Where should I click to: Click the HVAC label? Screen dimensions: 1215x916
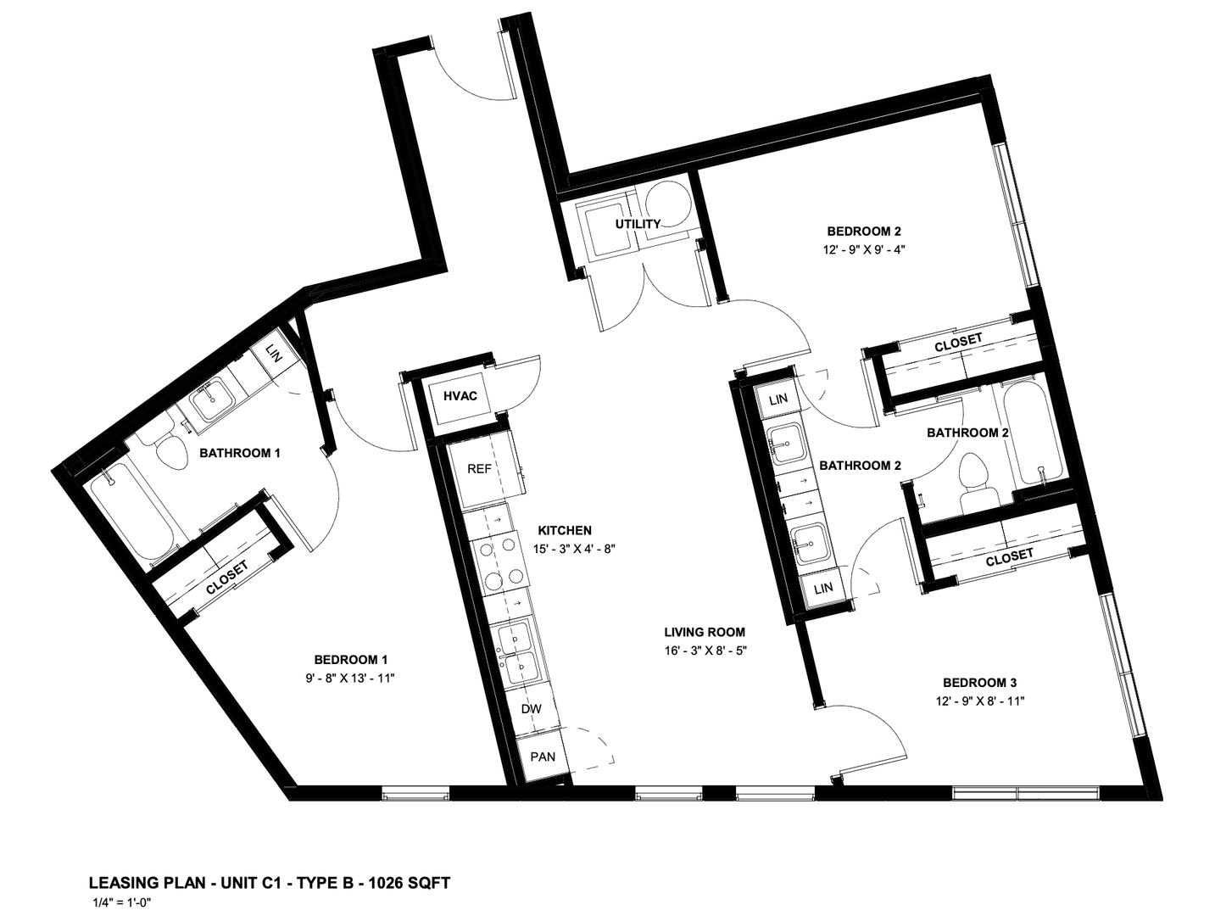click(460, 396)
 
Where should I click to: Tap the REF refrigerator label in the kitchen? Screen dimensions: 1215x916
click(479, 469)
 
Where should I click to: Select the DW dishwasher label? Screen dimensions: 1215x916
click(532, 708)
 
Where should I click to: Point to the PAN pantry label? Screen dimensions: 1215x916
click(543, 757)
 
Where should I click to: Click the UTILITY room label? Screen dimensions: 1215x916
click(638, 224)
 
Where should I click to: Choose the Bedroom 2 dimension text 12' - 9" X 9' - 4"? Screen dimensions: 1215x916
click(863, 249)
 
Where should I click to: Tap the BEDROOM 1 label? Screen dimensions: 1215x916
click(351, 659)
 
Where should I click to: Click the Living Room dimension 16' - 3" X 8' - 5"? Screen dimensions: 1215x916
click(705, 651)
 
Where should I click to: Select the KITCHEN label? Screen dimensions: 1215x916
click(565, 530)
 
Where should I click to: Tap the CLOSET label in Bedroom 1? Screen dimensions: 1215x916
click(227, 578)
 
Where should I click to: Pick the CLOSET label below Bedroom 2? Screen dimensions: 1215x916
click(958, 343)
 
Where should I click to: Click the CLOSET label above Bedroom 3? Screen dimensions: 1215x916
click(1009, 557)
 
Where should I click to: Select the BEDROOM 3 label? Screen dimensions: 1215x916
click(980, 683)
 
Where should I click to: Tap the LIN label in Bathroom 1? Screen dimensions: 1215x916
click(274, 352)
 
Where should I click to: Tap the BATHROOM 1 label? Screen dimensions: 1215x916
click(240, 453)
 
